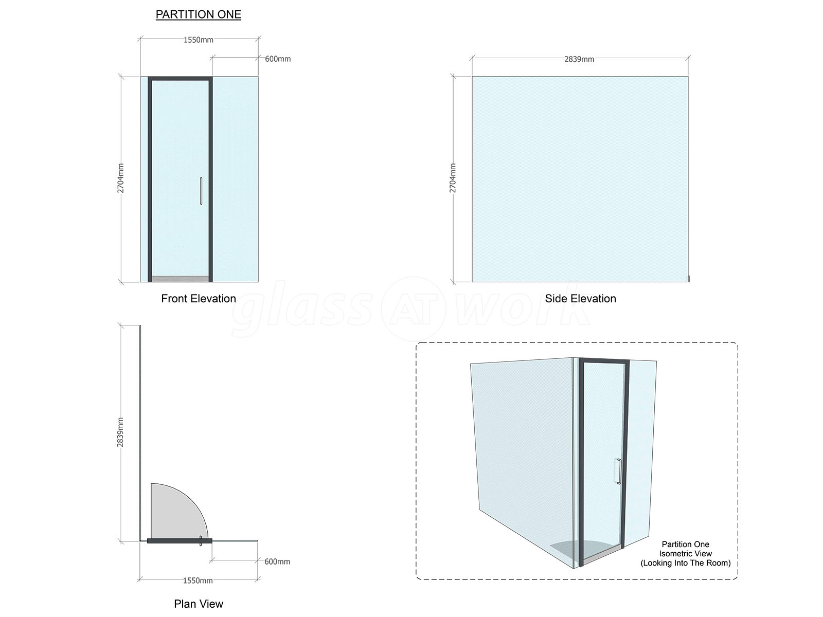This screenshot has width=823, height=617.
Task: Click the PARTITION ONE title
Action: [199, 14]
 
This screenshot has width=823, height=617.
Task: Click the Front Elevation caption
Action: [199, 299]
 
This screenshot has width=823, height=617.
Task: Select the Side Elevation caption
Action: [580, 299]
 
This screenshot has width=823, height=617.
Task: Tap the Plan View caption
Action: [199, 604]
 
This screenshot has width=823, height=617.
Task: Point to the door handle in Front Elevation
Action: [201, 191]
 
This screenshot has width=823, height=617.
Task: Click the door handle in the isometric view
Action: [619, 471]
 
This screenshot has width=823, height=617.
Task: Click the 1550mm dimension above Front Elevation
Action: [199, 40]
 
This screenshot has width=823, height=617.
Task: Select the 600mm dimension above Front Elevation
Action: [278, 59]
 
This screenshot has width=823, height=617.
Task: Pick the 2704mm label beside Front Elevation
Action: [120, 178]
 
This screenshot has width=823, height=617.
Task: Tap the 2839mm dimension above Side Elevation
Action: [579, 59]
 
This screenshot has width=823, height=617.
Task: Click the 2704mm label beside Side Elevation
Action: [453, 178]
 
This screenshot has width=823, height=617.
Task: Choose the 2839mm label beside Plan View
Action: [120, 432]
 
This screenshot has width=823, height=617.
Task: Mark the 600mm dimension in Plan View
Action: [277, 561]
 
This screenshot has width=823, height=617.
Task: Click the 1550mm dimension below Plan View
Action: [198, 580]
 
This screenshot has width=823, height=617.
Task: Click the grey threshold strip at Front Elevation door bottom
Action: [181, 279]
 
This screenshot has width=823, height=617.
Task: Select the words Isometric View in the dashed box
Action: [685, 554]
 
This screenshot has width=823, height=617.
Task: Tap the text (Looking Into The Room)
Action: [685, 563]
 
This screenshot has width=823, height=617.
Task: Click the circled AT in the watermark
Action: [414, 309]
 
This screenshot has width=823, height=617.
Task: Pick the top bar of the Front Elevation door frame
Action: [181, 79]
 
